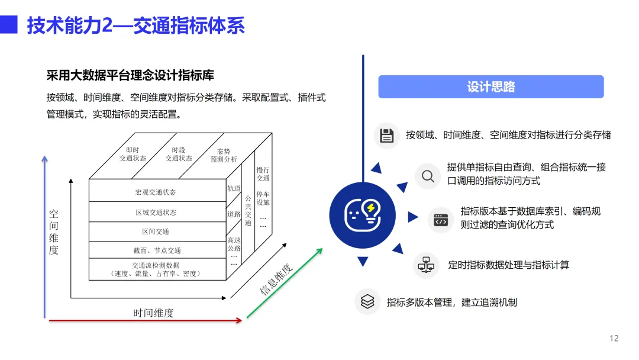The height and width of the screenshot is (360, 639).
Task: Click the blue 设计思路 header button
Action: [x=490, y=87]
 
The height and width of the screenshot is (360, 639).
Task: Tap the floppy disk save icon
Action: [x=387, y=136]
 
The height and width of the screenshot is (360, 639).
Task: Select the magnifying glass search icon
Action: [x=427, y=176]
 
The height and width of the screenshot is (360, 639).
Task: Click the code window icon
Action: [x=440, y=220]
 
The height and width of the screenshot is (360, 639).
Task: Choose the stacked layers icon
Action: [x=367, y=301]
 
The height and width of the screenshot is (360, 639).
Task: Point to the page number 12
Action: [x=614, y=339]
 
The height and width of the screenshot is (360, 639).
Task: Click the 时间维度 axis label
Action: [x=154, y=313]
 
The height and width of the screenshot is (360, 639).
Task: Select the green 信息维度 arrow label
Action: [x=277, y=279]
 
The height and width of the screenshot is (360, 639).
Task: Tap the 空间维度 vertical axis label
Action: [x=54, y=232]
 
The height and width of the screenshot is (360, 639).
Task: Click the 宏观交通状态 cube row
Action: [x=156, y=192]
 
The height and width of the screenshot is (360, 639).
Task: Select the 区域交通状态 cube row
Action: [x=156, y=212]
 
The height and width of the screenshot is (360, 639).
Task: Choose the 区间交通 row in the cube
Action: [x=156, y=232]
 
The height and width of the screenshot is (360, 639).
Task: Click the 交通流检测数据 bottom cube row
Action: [x=156, y=269]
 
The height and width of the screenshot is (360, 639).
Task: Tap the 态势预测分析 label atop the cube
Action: [x=224, y=155]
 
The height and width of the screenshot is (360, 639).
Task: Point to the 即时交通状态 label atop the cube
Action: [x=133, y=155]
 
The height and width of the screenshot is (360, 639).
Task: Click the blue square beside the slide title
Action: [x=8, y=25]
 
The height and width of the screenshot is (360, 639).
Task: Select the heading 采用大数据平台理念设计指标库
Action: [x=130, y=75]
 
